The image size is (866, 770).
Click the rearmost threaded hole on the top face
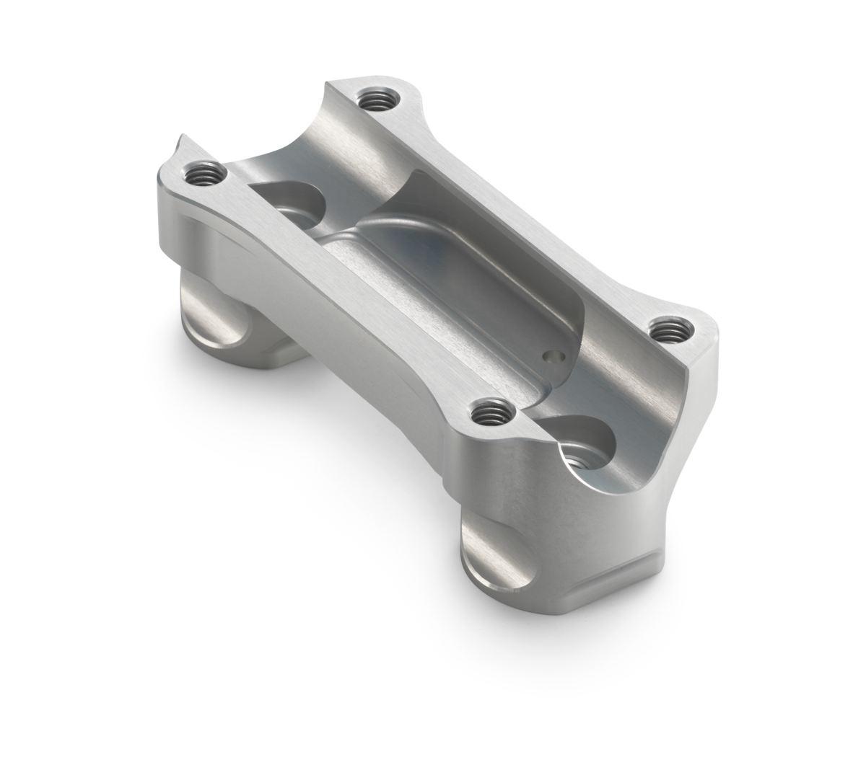[x=374, y=98]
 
